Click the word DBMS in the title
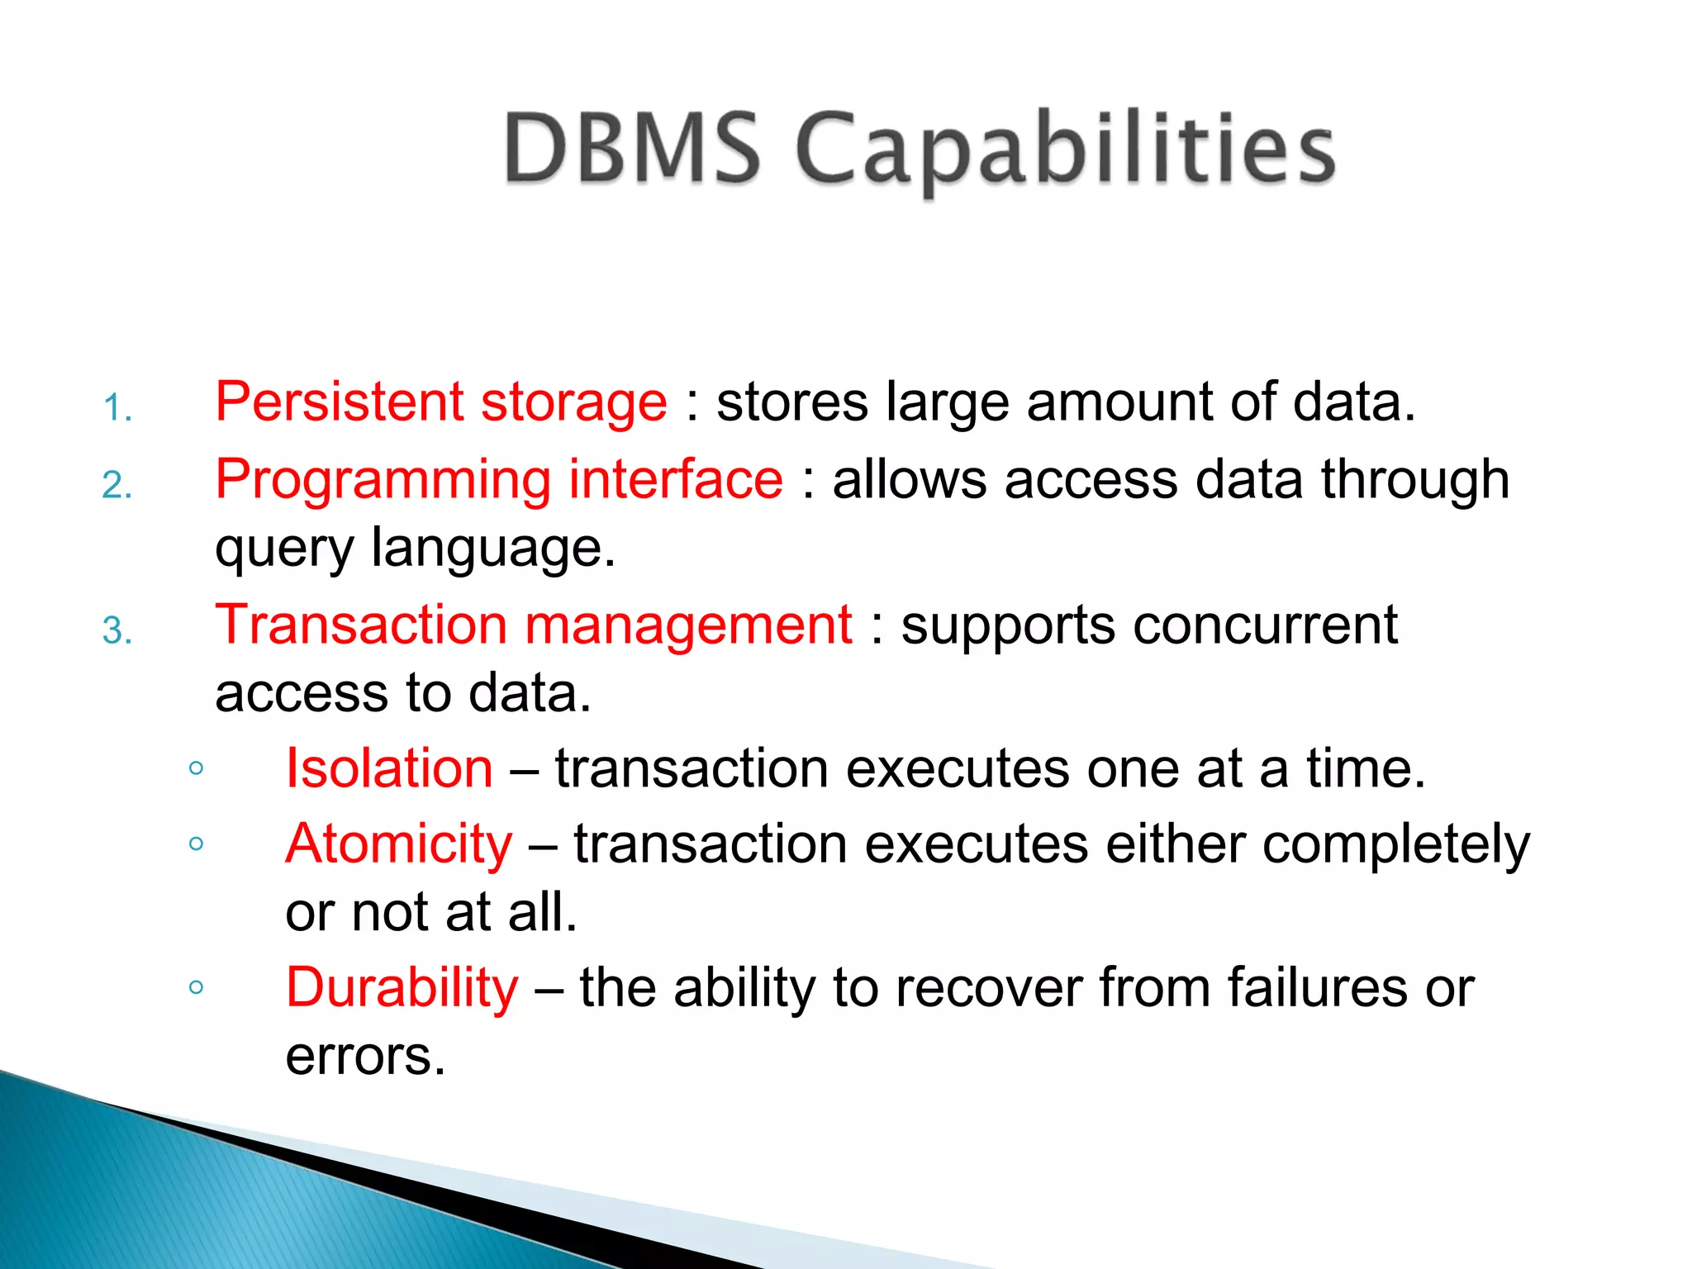tap(632, 149)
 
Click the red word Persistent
tap(339, 402)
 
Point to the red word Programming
tap(383, 481)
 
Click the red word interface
tap(676, 479)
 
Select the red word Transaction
tap(361, 625)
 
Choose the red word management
tap(688, 626)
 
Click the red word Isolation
tap(389, 768)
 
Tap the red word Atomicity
tap(399, 845)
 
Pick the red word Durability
tap(402, 989)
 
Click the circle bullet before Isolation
tap(196, 768)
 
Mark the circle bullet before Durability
tap(196, 986)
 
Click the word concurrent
tap(1265, 626)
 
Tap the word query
tap(284, 550)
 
